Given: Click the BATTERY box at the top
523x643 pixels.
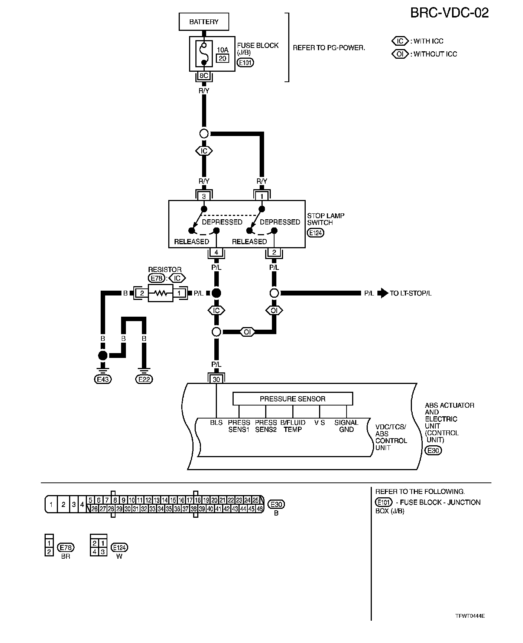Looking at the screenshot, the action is [x=204, y=22].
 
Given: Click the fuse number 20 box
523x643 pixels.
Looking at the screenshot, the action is [x=222, y=58].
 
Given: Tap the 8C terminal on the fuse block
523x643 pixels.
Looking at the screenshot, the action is [x=204, y=76].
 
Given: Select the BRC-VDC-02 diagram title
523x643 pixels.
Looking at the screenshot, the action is [x=449, y=13].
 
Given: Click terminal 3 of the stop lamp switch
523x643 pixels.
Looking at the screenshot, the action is [x=204, y=196].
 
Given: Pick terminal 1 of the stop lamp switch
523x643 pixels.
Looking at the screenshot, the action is [x=261, y=196].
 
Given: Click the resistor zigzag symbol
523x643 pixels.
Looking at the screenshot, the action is [x=160, y=293].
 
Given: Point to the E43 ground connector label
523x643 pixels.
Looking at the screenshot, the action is [x=103, y=379].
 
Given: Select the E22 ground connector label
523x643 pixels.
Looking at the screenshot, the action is [x=144, y=379].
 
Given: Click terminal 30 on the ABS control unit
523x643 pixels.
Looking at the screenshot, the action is [x=216, y=379].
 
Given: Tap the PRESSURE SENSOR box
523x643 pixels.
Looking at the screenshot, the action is [x=292, y=399].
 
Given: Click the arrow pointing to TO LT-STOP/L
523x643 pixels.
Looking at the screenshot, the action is [x=382, y=293].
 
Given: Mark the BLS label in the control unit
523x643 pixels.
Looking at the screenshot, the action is [x=216, y=423].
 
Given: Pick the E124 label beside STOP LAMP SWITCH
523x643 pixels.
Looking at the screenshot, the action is [x=316, y=233].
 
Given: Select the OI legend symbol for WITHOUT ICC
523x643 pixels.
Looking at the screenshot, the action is [x=400, y=54].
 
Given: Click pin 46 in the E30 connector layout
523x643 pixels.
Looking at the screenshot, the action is [x=260, y=509].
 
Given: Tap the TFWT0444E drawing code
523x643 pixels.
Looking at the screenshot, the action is [x=470, y=616].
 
